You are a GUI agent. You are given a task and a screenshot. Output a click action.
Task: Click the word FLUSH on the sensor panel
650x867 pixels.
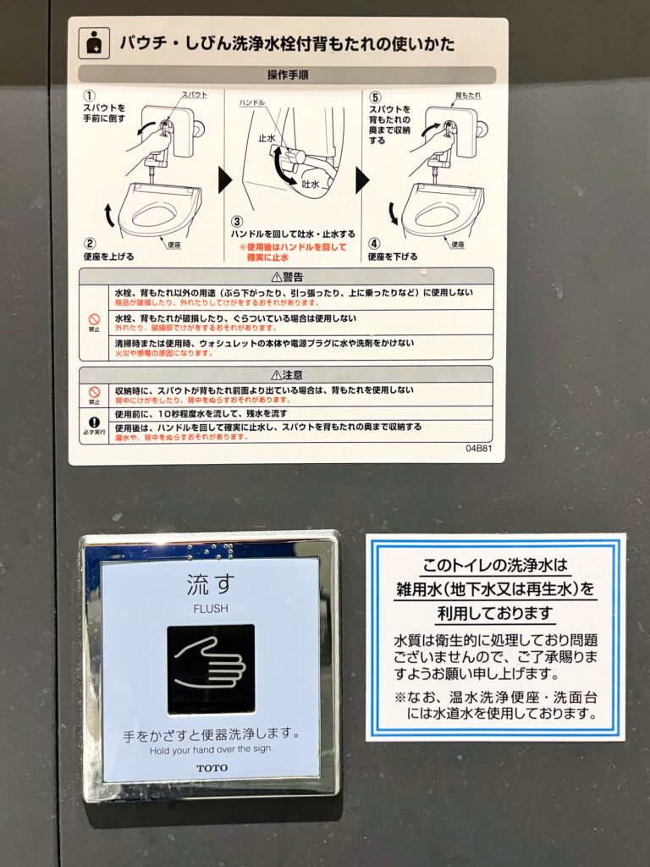click(x=210, y=608)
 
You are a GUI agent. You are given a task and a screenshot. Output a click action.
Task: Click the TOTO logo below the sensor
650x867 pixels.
click(x=212, y=768)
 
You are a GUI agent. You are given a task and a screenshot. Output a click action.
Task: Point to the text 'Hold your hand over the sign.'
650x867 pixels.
click(x=211, y=750)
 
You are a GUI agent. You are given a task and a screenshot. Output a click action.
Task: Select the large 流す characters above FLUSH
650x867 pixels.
click(x=210, y=585)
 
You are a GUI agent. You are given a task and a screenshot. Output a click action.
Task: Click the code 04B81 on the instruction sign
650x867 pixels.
click(x=478, y=448)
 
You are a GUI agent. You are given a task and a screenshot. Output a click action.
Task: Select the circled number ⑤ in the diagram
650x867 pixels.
click(x=374, y=97)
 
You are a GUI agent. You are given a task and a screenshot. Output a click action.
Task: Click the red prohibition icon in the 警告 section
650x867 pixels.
click(x=94, y=321)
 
